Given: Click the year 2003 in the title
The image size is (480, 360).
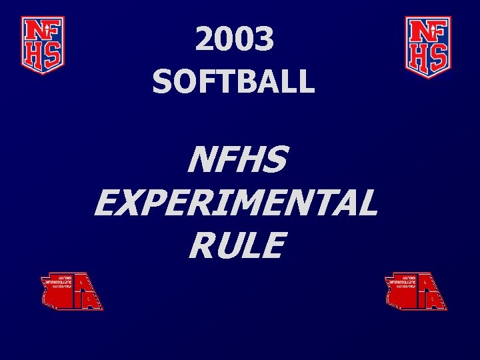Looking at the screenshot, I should [x=235, y=41].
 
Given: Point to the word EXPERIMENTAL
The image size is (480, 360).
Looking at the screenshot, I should [x=236, y=203].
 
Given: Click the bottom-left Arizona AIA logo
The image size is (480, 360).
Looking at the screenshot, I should [x=72, y=291].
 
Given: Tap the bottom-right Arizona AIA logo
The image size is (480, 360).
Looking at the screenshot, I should [x=417, y=291].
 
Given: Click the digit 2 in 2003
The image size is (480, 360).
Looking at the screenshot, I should [x=205, y=41].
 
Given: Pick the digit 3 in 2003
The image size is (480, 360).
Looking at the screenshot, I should [x=265, y=41].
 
